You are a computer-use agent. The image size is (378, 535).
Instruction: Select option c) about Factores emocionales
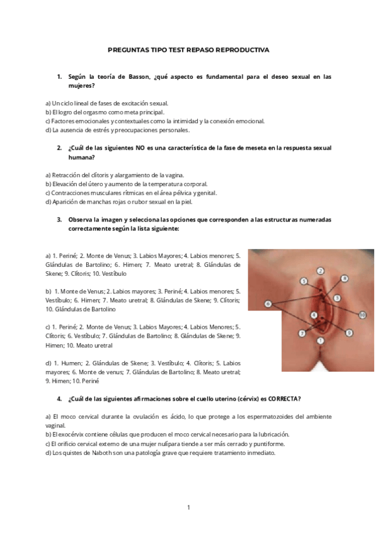pyautogui.click(x=155, y=121)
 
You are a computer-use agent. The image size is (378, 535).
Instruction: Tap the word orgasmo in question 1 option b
pyautogui.click(x=94, y=112)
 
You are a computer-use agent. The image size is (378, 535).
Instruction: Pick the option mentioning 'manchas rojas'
pyautogui.click(x=119, y=202)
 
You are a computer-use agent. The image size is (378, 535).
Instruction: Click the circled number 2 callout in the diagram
pyautogui.click(x=320, y=271)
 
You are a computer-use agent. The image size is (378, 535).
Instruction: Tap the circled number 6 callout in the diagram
pyautogui.click(x=268, y=303)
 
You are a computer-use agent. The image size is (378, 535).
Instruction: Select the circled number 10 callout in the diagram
pyautogui.click(x=362, y=314)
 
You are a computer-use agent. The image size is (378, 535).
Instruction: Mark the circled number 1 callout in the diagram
pyautogui.click(x=320, y=341)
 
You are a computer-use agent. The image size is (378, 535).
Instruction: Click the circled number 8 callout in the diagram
pyautogui.click(x=344, y=278)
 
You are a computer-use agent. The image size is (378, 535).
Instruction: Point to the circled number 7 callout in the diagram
pyautogui.click(x=302, y=332)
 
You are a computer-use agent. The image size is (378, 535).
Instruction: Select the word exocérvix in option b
pyautogui.click(x=70, y=435)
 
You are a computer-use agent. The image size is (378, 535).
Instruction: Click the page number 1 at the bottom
pyautogui.click(x=188, y=507)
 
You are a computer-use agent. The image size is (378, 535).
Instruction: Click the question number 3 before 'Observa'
pyautogui.click(x=59, y=220)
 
